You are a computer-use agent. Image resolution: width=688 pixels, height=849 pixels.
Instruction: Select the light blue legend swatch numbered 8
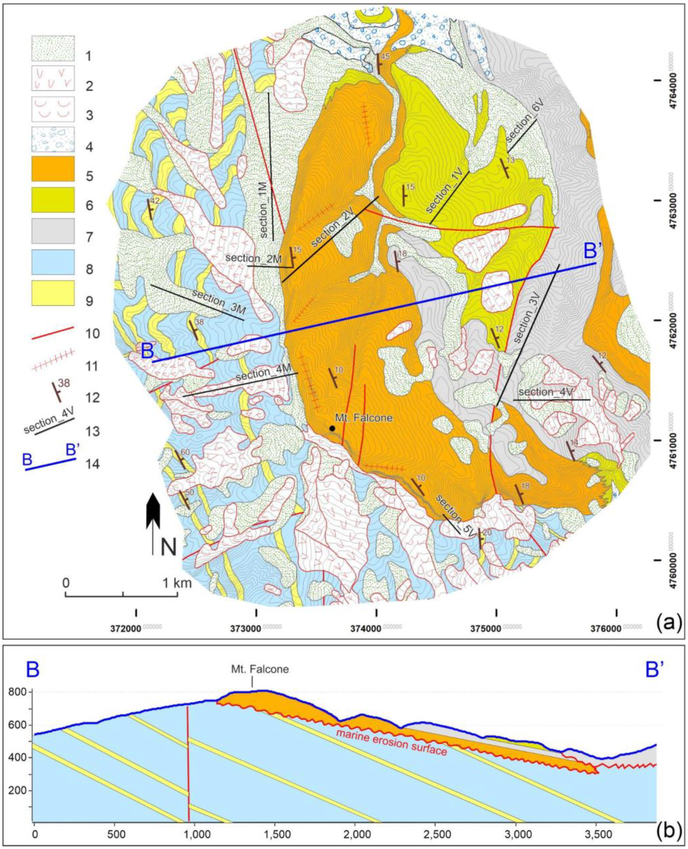pyautogui.click(x=53, y=262)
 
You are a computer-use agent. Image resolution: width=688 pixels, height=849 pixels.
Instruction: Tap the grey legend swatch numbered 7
pyautogui.click(x=53, y=231)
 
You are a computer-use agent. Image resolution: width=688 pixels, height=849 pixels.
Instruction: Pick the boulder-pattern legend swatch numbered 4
pyautogui.click(x=53, y=139)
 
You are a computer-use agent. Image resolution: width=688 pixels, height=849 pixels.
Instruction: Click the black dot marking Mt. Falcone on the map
pyautogui.click(x=332, y=428)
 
